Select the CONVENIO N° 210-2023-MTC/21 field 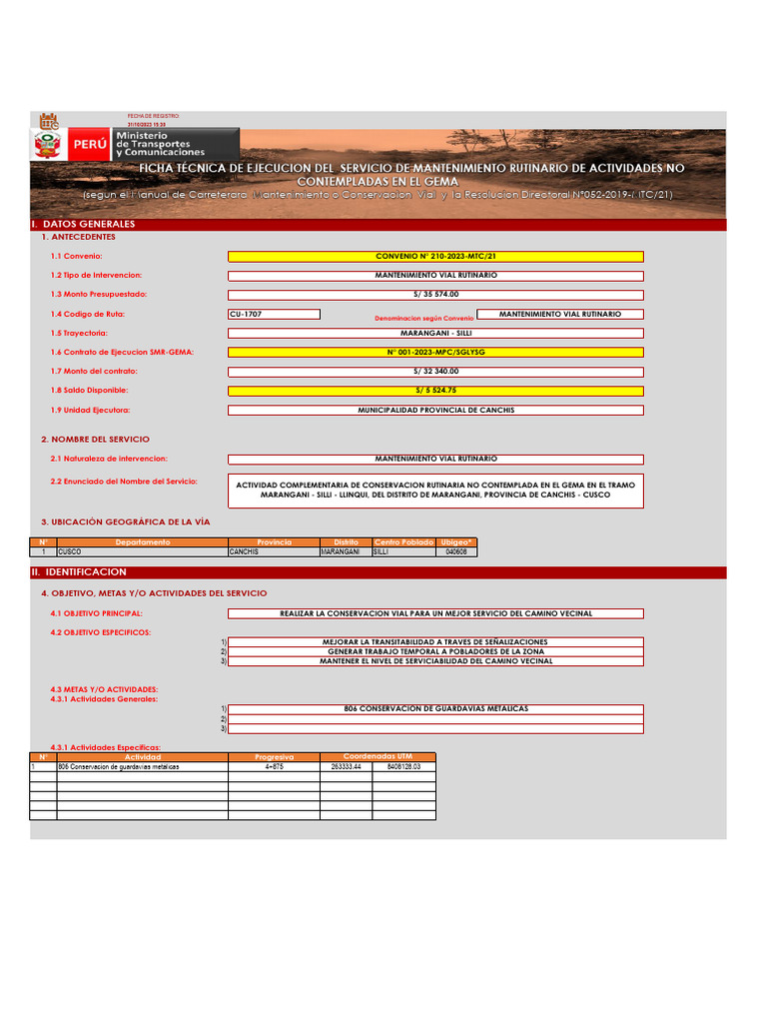click(x=435, y=257)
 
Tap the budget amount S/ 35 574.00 click(x=435, y=295)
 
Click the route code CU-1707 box click(x=274, y=314)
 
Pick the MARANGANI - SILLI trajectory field click(x=435, y=333)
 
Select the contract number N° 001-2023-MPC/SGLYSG click(x=435, y=353)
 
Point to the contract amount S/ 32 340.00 click(x=435, y=372)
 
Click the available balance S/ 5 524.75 click(x=435, y=391)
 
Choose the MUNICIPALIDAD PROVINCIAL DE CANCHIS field click(x=435, y=411)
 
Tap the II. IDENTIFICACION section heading click(x=80, y=572)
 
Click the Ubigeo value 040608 click(x=456, y=551)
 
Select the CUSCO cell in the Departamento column click(x=142, y=551)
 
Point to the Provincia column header click(x=274, y=542)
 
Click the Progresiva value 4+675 click(x=274, y=766)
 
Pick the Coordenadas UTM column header click(x=378, y=756)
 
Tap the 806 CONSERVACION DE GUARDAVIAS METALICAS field click(x=435, y=709)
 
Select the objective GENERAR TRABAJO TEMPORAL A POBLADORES click(x=435, y=651)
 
